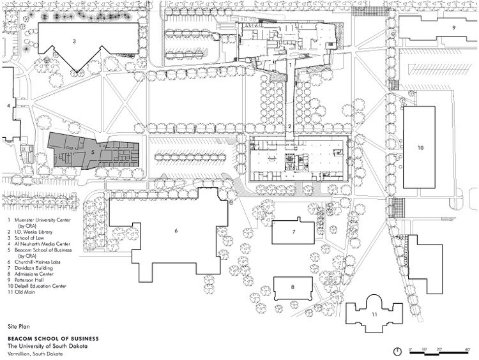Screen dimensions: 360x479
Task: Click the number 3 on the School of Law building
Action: pos(75,41)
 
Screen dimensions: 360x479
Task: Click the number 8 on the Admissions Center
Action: pos(293,287)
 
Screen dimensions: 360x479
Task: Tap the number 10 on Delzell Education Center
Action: pos(420,147)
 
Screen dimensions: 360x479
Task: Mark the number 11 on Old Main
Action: pos(374,315)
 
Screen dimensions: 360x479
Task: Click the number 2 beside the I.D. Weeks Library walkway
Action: pos(289,126)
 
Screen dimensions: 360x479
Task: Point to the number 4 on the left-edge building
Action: pos(8,106)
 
